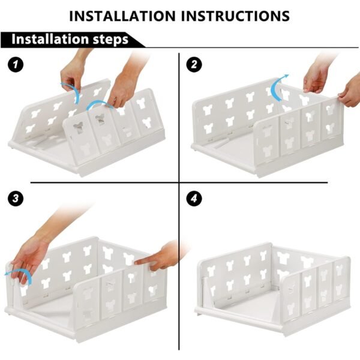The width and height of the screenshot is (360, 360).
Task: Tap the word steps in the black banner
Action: click(107, 40)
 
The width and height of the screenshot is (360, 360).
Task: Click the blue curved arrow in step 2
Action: click(278, 87)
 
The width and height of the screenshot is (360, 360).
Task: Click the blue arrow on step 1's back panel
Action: click(71, 89)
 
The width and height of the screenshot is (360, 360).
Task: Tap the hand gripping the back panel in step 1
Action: click(74, 72)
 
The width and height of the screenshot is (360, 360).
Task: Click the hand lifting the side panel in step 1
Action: click(125, 84)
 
